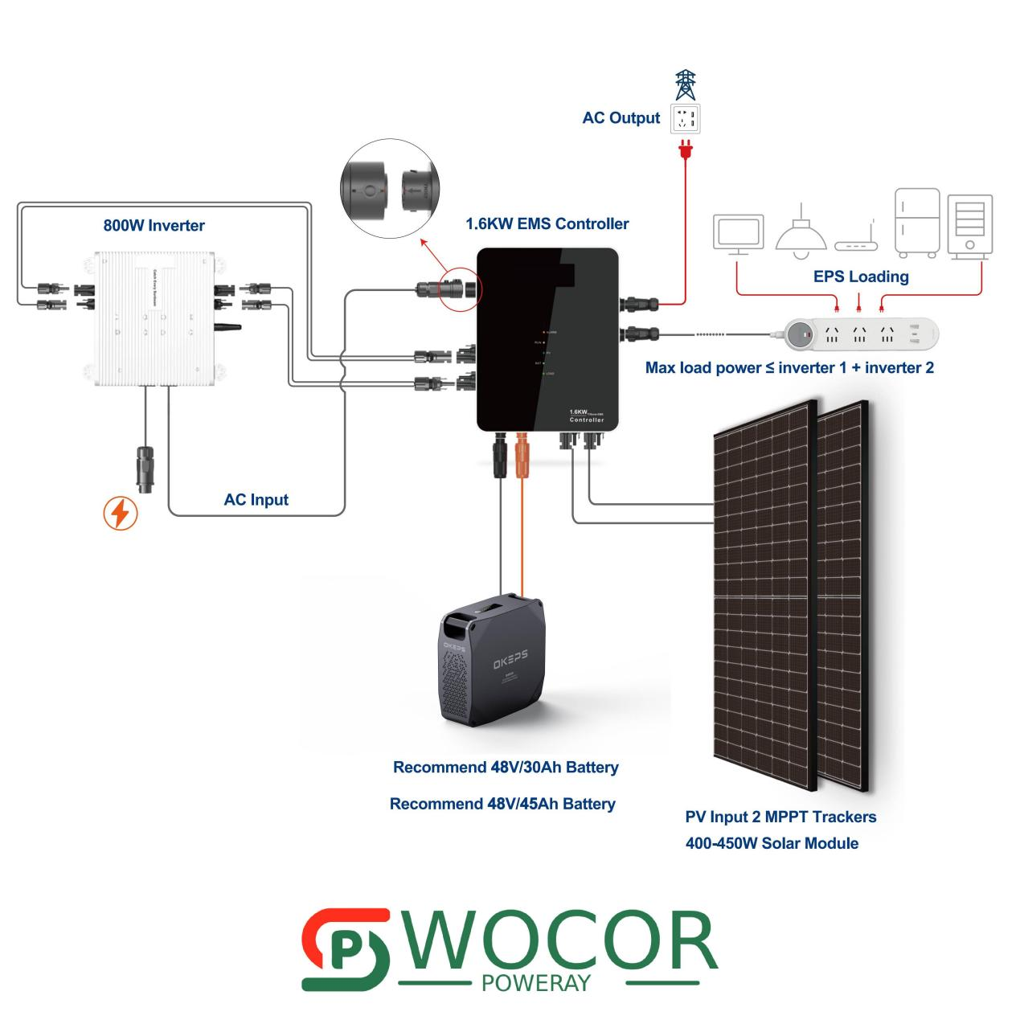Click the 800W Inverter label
(154, 225)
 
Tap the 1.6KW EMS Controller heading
(547, 223)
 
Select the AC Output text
(621, 118)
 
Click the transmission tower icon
(686, 84)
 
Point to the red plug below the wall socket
(685, 150)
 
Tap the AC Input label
(256, 499)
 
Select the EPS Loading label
(861, 277)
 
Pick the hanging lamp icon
(801, 230)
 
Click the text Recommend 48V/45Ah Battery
(502, 804)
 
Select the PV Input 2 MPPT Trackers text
(780, 817)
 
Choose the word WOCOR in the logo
(562, 941)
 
